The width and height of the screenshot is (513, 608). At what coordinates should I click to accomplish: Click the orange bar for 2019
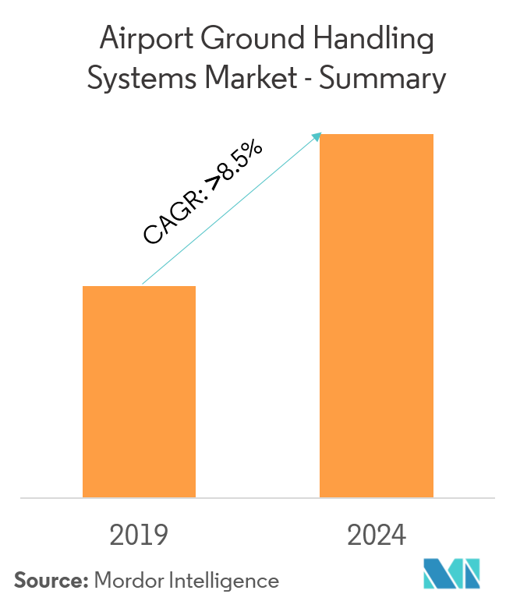pos(139,391)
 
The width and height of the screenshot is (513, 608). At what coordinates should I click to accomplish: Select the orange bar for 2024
pos(377,316)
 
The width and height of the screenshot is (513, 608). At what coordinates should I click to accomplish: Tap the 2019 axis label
pos(139,536)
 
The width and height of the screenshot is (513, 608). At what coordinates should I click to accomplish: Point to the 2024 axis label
pos(377,536)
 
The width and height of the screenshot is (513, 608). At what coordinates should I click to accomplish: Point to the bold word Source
pos(48,580)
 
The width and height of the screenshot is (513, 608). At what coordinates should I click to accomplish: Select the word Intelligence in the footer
pos(225,581)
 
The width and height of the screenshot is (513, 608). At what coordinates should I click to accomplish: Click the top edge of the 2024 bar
pos(377,135)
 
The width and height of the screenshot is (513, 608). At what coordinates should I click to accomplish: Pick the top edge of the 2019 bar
pos(139,287)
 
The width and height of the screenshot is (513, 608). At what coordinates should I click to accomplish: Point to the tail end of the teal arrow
pos(143,285)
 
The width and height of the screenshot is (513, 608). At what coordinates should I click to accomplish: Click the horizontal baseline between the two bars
pos(257,497)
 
